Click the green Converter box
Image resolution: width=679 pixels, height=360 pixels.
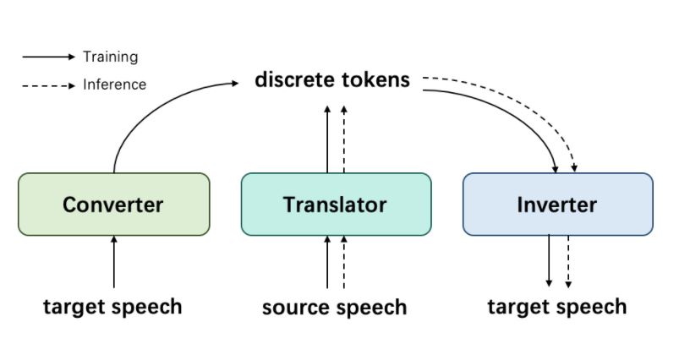point(113,204)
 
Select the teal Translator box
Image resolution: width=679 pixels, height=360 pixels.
point(335,204)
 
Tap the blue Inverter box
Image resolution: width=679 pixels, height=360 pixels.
point(557,204)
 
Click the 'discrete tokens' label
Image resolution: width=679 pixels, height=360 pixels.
point(332,80)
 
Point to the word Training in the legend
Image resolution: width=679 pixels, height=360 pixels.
point(110,57)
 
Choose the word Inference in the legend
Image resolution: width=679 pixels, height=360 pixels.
point(114,85)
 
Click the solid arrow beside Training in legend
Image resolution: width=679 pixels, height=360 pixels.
point(49,57)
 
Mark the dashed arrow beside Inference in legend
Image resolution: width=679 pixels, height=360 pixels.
point(49,85)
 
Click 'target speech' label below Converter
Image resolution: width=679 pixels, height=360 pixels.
point(112,306)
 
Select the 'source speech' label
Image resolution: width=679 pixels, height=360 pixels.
point(334,307)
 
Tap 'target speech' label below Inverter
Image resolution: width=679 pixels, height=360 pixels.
point(557,306)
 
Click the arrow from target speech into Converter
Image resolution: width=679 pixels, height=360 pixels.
point(114,262)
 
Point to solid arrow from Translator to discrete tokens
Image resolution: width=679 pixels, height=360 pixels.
point(327,139)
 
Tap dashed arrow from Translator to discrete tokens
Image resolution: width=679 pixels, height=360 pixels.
point(343,139)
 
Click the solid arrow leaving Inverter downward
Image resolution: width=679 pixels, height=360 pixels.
point(550,260)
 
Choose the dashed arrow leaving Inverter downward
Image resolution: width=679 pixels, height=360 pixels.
point(567,260)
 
